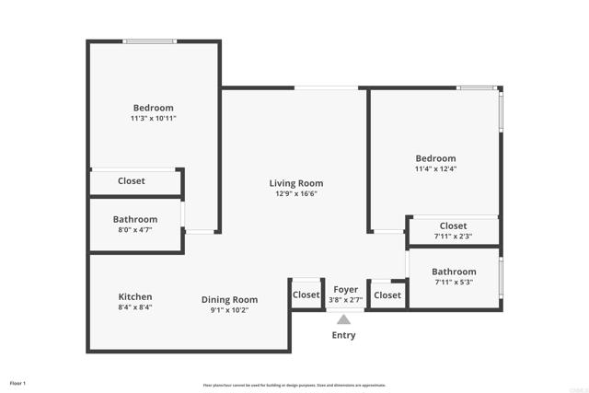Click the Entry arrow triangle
(x=343, y=318)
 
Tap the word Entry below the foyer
(x=343, y=335)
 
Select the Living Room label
(x=296, y=183)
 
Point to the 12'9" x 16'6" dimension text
(x=296, y=194)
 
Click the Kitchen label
(x=135, y=297)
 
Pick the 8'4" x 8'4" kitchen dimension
(x=135, y=309)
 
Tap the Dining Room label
(x=230, y=299)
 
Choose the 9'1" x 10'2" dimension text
(x=230, y=310)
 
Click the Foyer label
(x=345, y=290)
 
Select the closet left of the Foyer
(x=306, y=295)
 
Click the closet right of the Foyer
(x=387, y=295)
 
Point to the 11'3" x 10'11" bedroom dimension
(x=153, y=119)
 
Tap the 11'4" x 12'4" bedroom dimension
(x=435, y=169)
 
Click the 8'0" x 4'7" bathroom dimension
(x=135, y=231)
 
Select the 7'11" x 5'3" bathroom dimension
(x=454, y=283)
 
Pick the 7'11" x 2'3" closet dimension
(x=453, y=237)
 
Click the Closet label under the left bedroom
(x=132, y=181)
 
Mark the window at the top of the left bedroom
(x=150, y=40)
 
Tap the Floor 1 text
(x=17, y=382)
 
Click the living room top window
(x=327, y=88)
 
